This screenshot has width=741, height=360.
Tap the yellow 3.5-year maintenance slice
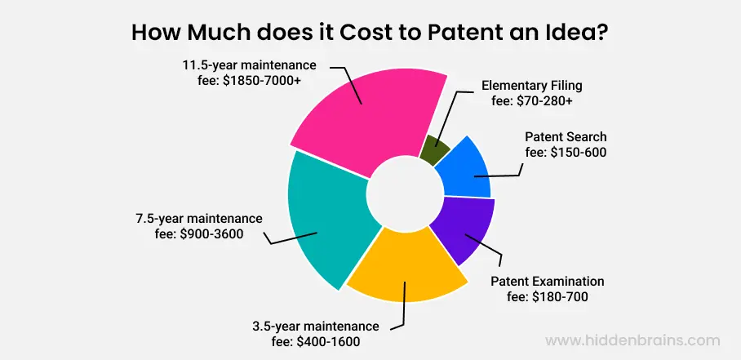406,267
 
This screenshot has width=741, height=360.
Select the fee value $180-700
560,297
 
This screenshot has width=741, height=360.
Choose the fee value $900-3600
211,234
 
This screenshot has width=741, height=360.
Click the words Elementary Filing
532,87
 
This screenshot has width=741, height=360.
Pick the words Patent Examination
548,282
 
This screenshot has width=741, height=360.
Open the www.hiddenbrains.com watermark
632,340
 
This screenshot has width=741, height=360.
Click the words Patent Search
566,137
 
